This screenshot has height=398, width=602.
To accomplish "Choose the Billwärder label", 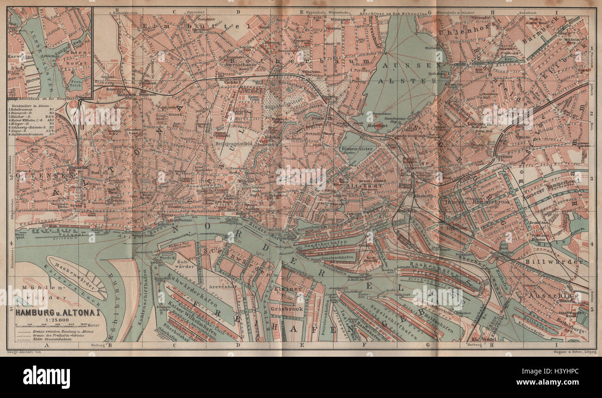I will (554, 262).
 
